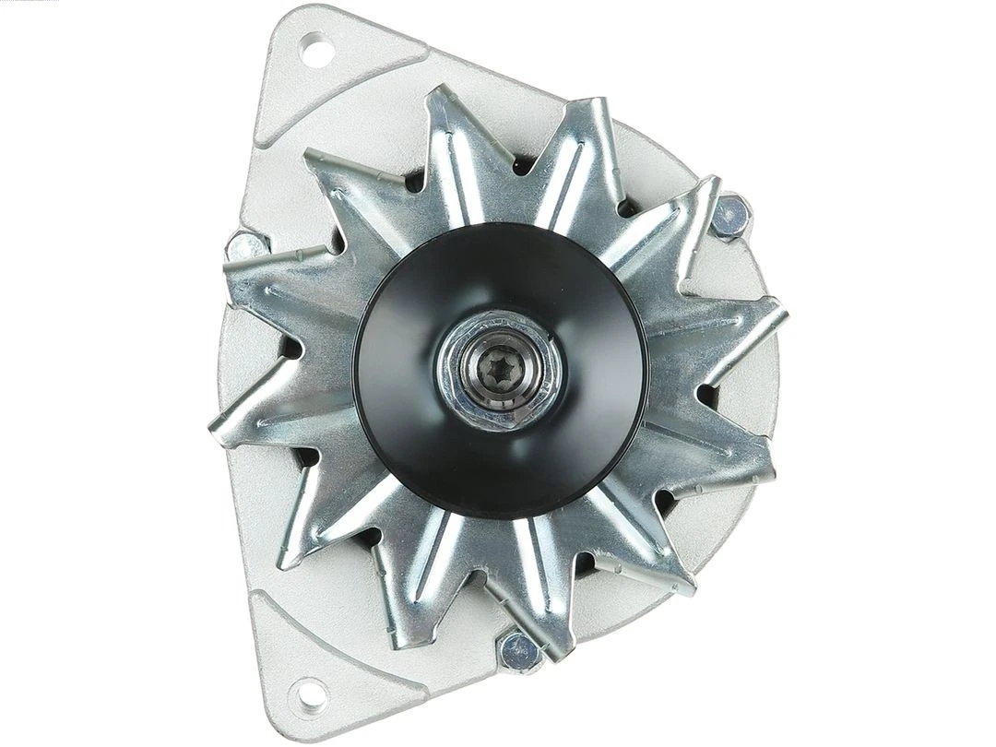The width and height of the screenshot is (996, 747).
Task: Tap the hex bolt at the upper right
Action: click(x=730, y=217)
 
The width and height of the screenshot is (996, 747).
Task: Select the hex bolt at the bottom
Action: click(x=519, y=651)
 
